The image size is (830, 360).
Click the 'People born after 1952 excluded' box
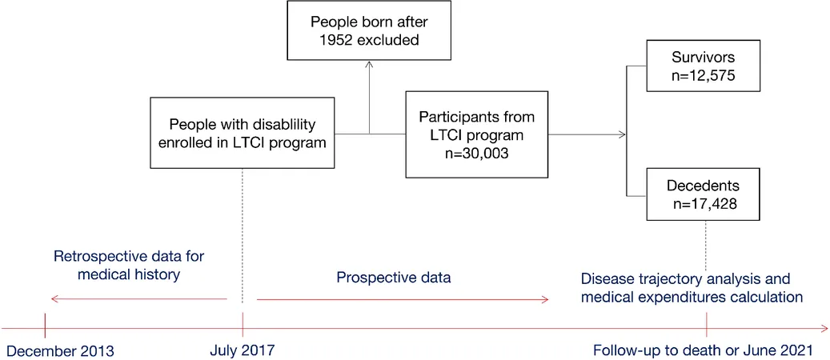coord(369,30)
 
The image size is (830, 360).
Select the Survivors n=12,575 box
coord(704,65)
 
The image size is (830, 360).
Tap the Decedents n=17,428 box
coord(704,194)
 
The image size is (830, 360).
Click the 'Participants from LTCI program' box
coord(476,134)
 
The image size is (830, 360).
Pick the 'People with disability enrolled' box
coord(243,133)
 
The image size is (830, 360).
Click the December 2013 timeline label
coord(60,350)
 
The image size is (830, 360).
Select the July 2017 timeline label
coord(243,350)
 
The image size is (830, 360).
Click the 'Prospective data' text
coord(394,278)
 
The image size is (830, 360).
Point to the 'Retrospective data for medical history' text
coord(129,266)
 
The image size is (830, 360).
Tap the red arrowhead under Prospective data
coord(544,300)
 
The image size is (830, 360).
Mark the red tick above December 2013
coord(45,325)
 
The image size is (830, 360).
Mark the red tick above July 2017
coord(243,325)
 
